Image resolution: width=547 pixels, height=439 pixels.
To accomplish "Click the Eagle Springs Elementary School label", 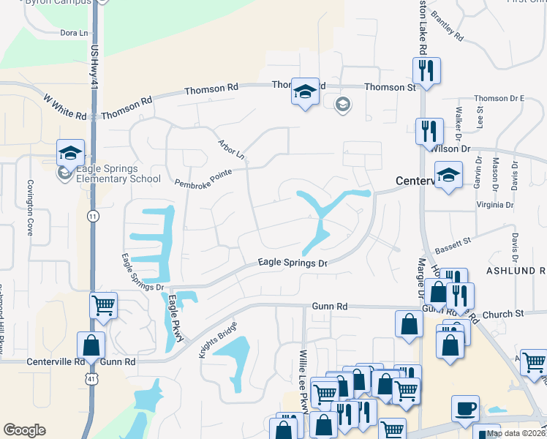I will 110,173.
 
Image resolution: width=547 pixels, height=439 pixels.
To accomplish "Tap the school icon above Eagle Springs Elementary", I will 70,153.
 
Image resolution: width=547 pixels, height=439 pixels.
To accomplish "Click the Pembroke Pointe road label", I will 203,178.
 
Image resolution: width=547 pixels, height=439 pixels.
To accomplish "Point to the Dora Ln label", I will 73,33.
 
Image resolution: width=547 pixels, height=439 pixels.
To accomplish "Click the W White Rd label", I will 65,106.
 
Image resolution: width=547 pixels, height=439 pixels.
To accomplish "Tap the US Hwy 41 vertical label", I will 94,66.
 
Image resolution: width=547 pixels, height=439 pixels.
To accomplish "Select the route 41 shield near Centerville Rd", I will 91,379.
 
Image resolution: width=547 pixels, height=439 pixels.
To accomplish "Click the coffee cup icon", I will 466,407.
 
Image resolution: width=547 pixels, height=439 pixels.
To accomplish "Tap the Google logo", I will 24,430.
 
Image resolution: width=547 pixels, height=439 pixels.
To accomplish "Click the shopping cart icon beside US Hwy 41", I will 103,305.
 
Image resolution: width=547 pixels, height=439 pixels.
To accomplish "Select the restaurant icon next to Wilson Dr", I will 429,132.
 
